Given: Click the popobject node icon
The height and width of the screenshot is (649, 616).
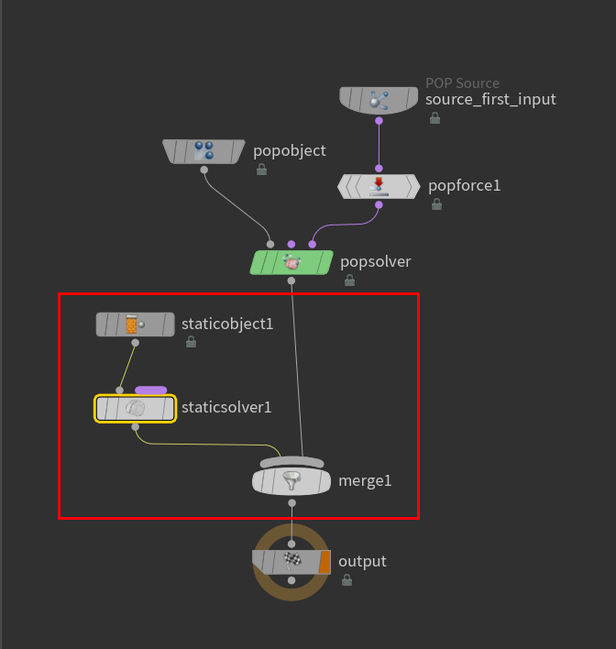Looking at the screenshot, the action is [203, 150].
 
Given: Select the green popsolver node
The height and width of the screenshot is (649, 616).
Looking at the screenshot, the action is [291, 262].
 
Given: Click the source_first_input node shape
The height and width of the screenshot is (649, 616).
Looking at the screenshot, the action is [379, 100].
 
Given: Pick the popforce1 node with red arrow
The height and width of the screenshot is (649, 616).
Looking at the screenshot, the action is [379, 186].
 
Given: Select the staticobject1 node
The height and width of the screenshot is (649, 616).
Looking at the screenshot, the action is [136, 324].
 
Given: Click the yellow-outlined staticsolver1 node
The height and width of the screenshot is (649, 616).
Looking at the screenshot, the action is [136, 409].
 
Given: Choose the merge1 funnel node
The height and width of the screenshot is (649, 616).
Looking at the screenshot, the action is [291, 481].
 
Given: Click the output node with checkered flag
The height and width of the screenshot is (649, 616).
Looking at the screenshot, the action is [291, 562].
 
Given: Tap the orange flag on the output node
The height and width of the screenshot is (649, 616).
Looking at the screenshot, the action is [324, 562].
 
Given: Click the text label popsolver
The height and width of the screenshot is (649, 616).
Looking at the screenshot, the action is [376, 262].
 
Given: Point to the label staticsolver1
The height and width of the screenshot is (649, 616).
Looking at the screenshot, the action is [226, 407].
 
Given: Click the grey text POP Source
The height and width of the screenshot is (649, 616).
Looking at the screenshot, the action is [462, 83].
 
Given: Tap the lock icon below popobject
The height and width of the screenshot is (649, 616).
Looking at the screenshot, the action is [261, 169].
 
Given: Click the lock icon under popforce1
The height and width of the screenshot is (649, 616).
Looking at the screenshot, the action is [436, 203].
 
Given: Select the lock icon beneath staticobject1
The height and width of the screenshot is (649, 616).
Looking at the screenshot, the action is [191, 342].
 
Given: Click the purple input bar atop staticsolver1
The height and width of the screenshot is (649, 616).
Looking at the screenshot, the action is [151, 390].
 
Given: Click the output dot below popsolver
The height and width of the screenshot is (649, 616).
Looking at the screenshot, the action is [291, 280].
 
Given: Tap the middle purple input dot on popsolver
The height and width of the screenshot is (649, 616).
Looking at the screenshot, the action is [291, 244].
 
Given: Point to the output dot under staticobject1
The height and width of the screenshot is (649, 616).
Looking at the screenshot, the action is [136, 343].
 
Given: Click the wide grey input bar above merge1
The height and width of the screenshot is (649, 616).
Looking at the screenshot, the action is [291, 461].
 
